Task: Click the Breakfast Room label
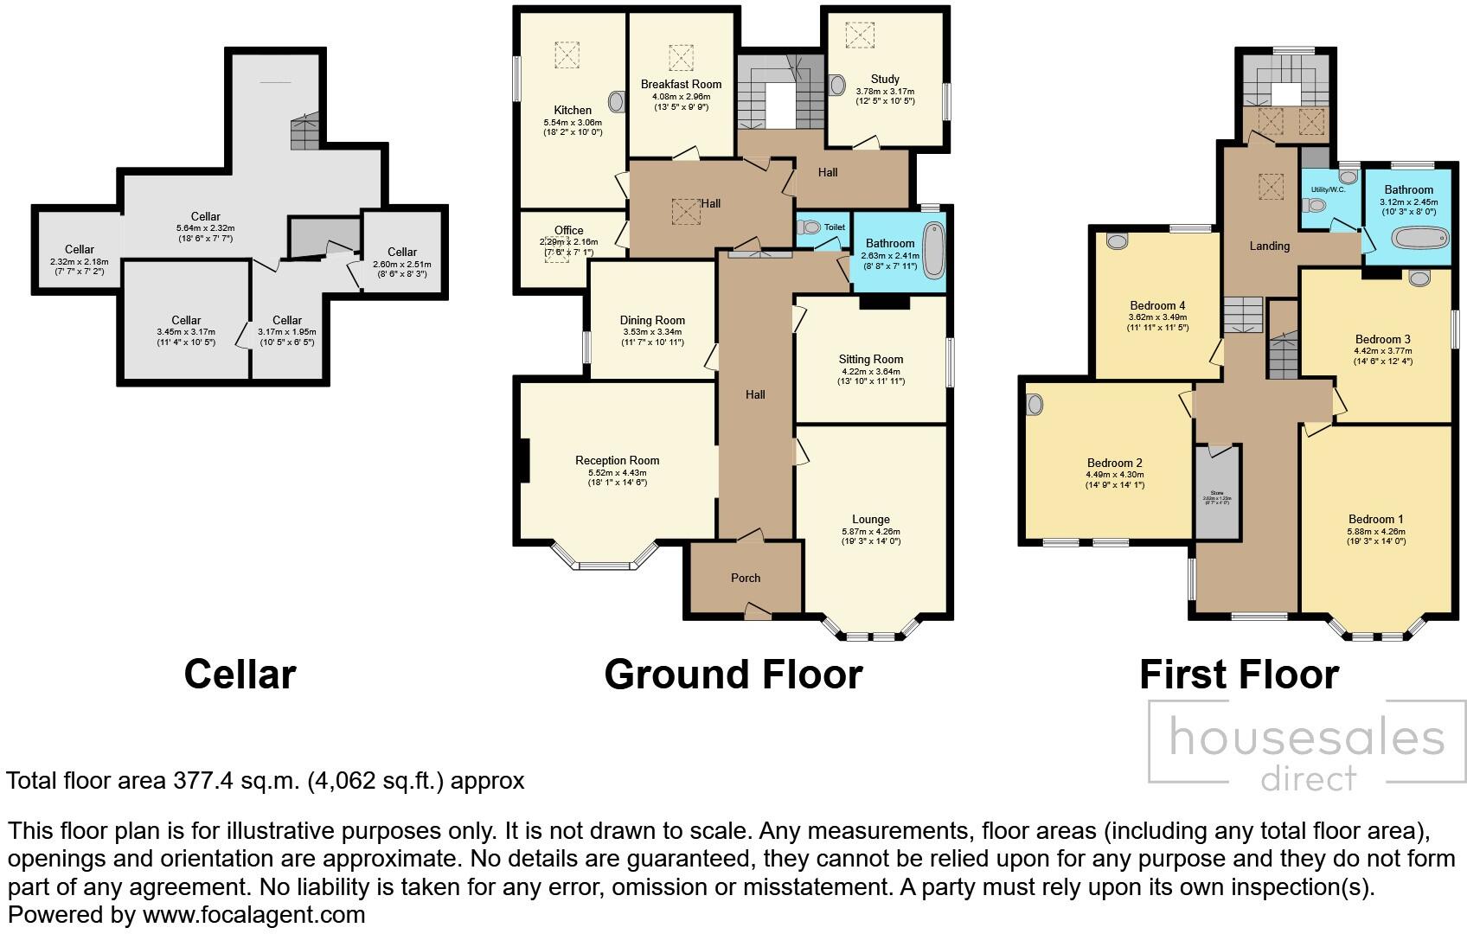(x=681, y=84)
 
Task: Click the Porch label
(x=746, y=578)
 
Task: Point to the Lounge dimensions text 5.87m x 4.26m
(x=870, y=532)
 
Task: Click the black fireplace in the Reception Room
(x=524, y=461)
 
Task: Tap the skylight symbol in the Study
(x=859, y=35)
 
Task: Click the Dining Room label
(x=652, y=320)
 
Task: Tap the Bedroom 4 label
(x=1157, y=305)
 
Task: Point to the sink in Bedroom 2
(x=1035, y=404)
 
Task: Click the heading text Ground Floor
(x=733, y=675)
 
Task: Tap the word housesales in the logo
(x=1306, y=740)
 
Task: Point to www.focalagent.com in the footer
(x=253, y=914)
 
